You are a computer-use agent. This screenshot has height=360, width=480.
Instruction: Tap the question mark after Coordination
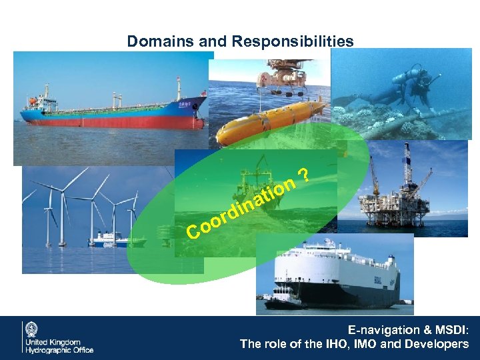pyautogui.click(x=303, y=175)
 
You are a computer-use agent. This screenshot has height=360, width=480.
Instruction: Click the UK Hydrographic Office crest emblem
pyautogui.click(x=31, y=329)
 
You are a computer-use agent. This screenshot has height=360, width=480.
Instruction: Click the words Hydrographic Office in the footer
pyautogui.click(x=59, y=350)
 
